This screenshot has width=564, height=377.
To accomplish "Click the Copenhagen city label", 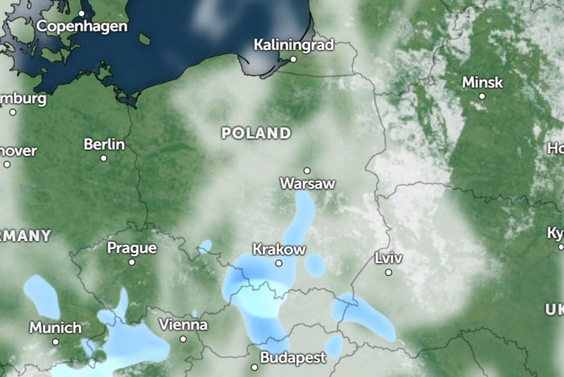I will [82, 26].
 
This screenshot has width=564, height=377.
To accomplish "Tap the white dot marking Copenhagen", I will [82, 14].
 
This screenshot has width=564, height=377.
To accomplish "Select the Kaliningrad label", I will [293, 45].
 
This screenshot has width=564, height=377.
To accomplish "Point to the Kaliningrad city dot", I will [293, 59].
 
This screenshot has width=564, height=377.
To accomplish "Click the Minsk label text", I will [482, 83].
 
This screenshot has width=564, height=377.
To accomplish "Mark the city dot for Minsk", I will [482, 96].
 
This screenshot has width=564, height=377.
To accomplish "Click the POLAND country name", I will [256, 133].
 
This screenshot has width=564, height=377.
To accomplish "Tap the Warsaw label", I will [307, 183].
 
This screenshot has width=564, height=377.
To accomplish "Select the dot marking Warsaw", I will [307, 170].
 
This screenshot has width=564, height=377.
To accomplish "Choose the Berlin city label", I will [104, 144].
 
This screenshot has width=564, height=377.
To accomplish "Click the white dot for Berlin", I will [103, 158].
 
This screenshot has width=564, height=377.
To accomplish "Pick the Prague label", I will [132, 248].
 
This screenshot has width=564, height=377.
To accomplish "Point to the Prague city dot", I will [132, 262].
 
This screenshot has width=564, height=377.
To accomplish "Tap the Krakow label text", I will [279, 249].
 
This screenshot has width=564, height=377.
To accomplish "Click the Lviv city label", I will [389, 258].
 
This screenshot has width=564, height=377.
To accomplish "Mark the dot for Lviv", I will [389, 272].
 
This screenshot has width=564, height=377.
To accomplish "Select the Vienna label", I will [183, 325].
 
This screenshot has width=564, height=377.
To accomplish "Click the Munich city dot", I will [56, 342].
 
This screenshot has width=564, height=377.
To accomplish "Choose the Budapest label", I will [292, 358].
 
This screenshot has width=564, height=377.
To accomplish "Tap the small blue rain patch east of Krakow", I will [314, 265].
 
